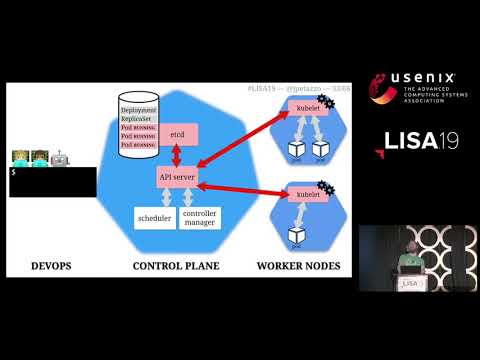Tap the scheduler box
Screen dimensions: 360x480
tap(153, 218)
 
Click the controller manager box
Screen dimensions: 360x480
tap(200, 218)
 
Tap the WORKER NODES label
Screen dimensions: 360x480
tap(298, 267)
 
